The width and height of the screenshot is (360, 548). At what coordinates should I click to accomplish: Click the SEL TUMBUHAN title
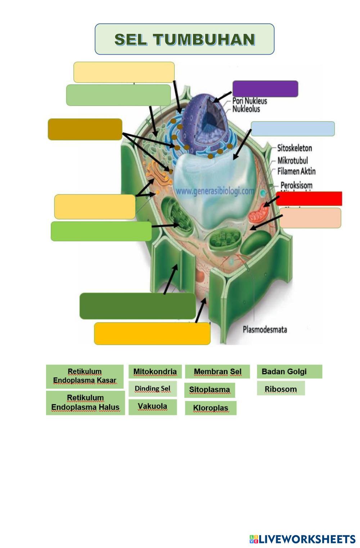coord(184,39)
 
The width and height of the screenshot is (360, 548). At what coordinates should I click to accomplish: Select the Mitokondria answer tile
coord(155,372)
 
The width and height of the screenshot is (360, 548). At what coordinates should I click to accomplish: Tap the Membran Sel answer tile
coord(217,372)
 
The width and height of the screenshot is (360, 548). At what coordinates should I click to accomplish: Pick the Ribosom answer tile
coord(281,389)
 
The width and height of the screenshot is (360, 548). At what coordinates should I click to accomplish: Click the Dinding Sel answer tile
coord(153,389)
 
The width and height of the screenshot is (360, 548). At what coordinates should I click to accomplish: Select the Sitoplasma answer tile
coord(210,390)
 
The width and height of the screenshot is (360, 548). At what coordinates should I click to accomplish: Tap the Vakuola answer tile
coord(153,407)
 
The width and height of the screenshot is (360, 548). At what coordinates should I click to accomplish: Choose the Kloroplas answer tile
coord(211,408)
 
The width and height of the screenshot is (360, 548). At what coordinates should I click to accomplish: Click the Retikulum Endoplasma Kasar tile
coord(85,376)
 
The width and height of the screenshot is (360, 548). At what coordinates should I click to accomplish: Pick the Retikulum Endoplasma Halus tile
coord(85,403)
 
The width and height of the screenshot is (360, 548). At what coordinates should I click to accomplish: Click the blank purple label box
coord(265,89)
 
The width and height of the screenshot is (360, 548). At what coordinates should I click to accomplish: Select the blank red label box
coord(309,199)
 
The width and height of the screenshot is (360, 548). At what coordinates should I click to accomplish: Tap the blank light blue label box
coord(292,129)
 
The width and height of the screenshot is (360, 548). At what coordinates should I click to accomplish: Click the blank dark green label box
coord(138,306)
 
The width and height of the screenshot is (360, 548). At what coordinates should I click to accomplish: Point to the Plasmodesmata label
coord(265,329)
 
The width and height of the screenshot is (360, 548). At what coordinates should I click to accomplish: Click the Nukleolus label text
coord(246,109)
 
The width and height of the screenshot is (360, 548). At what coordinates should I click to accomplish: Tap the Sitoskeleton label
coord(294,148)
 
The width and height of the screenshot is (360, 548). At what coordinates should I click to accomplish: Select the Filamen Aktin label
coord(296,171)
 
